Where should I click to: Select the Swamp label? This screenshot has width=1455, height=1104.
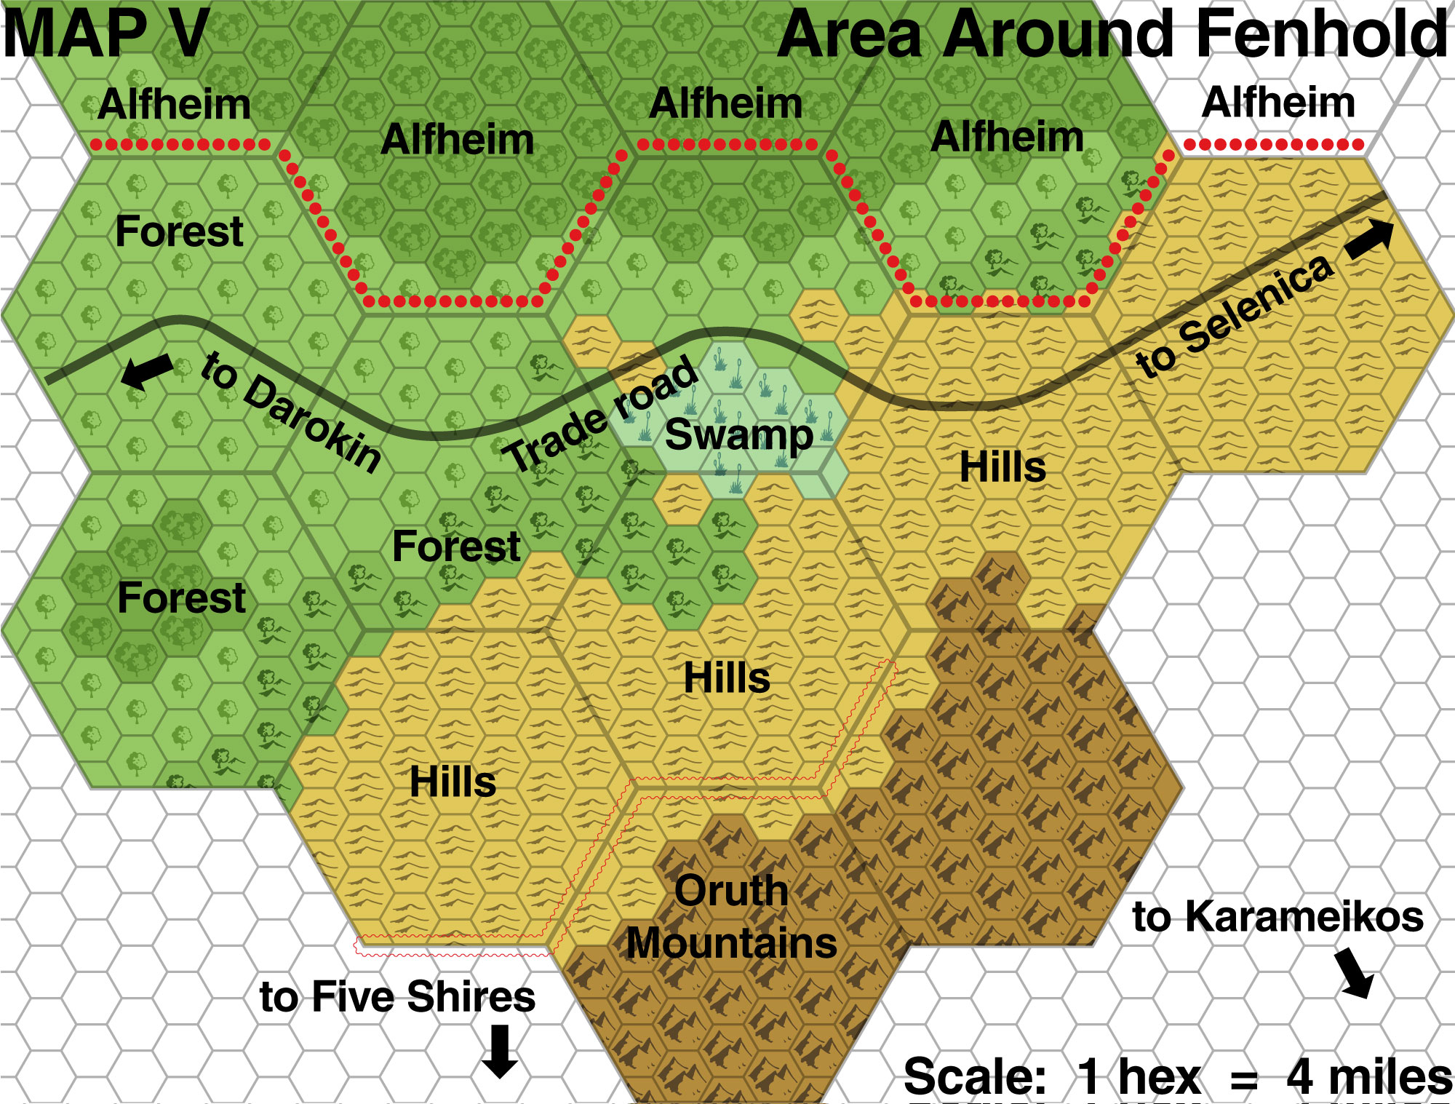[x=738, y=435]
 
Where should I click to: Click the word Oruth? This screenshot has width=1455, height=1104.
[x=731, y=891]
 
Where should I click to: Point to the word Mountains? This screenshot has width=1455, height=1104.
[x=732, y=943]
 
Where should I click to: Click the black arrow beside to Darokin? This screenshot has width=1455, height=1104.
[x=147, y=371]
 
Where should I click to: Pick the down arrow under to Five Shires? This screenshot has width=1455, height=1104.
[x=500, y=1051]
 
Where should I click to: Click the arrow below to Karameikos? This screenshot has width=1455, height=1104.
[x=1355, y=972]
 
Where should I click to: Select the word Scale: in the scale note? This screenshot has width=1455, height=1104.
[x=975, y=1077]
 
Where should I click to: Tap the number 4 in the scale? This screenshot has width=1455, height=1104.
[x=1299, y=1077]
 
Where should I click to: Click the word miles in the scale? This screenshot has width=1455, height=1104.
[x=1390, y=1077]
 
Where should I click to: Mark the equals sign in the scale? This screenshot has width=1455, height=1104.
[x=1244, y=1079]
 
